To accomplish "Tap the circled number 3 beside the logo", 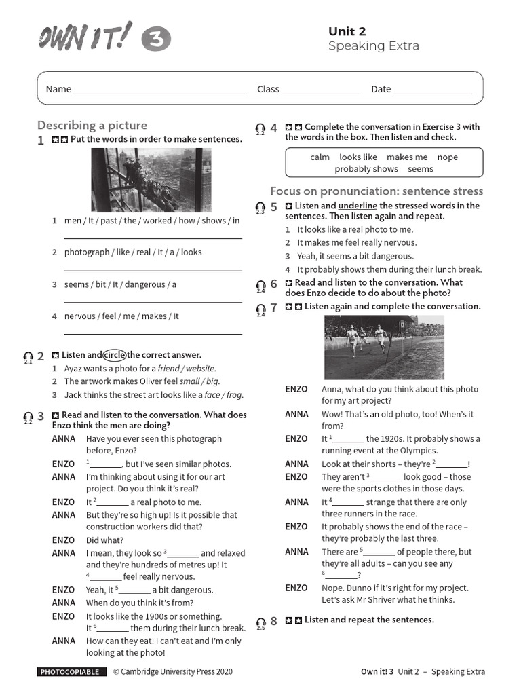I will click(x=156, y=40).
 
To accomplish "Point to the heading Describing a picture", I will click(x=92, y=125).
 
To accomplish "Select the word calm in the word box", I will click(x=320, y=157).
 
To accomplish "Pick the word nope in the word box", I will click(x=448, y=157).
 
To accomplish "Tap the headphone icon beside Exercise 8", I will click(x=260, y=622).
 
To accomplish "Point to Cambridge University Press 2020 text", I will click(x=172, y=672).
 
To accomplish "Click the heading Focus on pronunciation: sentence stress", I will click(x=377, y=191).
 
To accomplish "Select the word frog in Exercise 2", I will click(x=233, y=394).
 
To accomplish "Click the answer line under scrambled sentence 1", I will click(x=153, y=238).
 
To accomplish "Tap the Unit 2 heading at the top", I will click(x=347, y=31).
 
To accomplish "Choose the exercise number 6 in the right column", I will click(x=273, y=284).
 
